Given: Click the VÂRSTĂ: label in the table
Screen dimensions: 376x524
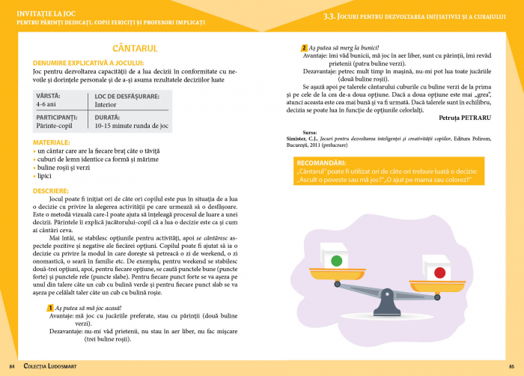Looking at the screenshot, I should (49, 96).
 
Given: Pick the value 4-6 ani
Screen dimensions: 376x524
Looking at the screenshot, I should (46, 105).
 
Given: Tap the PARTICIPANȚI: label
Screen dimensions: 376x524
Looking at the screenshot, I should (57, 118).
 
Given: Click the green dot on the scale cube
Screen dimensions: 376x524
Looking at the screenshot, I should (336, 261).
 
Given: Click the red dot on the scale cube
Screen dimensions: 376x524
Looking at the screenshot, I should (439, 273).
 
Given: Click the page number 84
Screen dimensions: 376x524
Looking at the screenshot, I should (12, 366).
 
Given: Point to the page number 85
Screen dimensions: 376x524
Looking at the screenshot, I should (511, 366).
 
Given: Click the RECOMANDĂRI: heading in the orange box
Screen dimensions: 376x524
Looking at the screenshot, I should (321, 163).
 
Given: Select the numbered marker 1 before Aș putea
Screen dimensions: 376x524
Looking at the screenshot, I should (49, 308).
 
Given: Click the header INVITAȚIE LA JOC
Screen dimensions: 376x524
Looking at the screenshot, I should (49, 13).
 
